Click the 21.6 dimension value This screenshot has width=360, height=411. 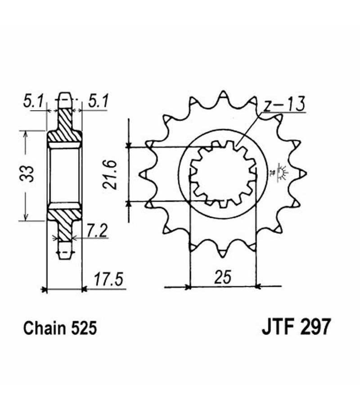pyautogui.click(x=109, y=174)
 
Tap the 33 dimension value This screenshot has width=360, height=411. pyautogui.click(x=27, y=174)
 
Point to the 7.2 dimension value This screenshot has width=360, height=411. pyautogui.click(x=97, y=231)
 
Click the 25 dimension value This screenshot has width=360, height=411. pyautogui.click(x=223, y=277)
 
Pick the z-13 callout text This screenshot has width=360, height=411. pyautogui.click(x=284, y=104)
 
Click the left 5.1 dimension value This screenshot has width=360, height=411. pyautogui.click(x=33, y=101)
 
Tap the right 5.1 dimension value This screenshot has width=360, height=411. pyautogui.click(x=98, y=101)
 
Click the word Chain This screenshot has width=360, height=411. pyautogui.click(x=45, y=328)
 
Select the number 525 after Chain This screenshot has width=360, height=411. pyautogui.click(x=83, y=328)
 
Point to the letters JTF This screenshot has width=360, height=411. pyautogui.click(x=279, y=326)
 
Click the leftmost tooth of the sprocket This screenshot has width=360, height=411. pyautogui.click(x=143, y=174)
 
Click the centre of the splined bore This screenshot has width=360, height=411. pyautogui.click(x=222, y=174)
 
